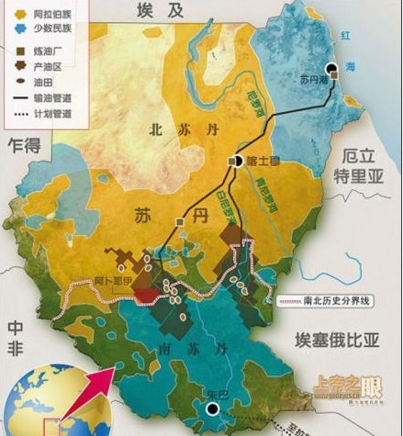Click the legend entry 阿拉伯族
click(38, 14)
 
